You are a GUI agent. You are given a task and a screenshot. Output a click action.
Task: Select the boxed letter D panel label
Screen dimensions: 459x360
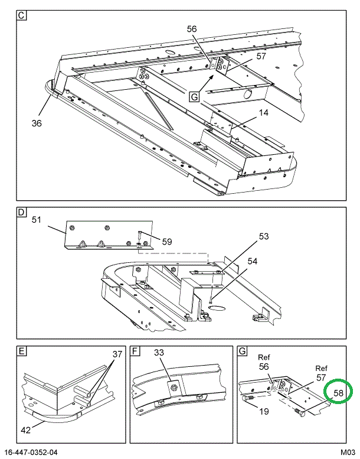(21, 212)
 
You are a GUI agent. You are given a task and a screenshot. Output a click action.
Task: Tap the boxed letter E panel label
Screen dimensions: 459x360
(21, 353)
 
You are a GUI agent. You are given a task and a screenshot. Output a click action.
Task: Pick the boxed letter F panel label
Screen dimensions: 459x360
(136, 353)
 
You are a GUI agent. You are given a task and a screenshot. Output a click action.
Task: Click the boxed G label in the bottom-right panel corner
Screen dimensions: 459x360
(242, 353)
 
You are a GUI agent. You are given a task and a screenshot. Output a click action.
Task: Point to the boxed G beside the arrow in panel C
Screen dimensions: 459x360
(195, 97)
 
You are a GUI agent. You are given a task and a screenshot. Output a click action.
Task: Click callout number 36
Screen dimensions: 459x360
(37, 123)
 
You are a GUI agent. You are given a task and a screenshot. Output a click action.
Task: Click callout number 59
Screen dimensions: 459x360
(167, 241)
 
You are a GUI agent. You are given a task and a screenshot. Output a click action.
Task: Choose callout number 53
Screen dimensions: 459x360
(263, 236)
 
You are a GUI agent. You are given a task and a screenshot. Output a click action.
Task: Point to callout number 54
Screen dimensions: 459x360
(253, 261)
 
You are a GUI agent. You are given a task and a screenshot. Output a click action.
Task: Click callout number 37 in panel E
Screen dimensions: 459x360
(117, 354)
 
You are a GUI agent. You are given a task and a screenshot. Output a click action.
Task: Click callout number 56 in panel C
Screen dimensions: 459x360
(192, 28)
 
